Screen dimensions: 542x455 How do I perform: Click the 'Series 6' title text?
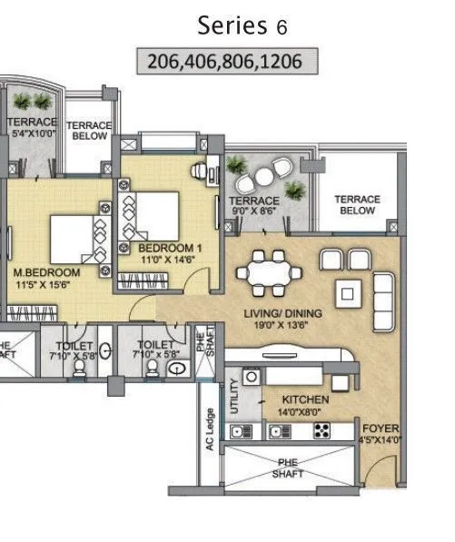pos(243,25)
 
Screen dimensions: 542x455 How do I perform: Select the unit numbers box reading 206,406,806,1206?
pos(229,62)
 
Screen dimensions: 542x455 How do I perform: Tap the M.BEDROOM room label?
pos(45,272)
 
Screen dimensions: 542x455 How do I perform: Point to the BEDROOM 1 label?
pos(170,247)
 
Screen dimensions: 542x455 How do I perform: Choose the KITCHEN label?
pos(305,399)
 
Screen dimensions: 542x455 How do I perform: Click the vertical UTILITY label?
pos(234,399)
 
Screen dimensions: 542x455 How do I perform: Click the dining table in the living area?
pos(272,270)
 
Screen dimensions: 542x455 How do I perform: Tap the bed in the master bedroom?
pos(73,238)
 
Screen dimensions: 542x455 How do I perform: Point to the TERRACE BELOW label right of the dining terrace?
pos(357,204)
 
